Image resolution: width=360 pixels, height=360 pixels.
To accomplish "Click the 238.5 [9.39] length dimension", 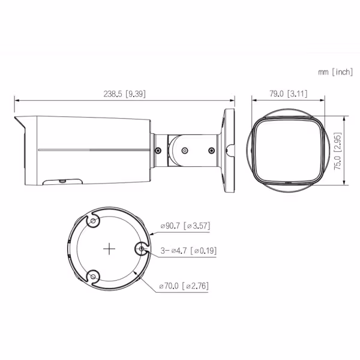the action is point(124,94).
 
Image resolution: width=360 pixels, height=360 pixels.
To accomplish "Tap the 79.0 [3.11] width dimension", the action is point(288,94).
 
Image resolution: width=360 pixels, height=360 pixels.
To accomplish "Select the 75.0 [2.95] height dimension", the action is point(337,151).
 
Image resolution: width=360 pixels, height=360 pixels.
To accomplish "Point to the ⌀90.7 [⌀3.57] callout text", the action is point(185,226).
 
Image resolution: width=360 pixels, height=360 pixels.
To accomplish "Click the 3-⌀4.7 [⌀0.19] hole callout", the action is point(188,250).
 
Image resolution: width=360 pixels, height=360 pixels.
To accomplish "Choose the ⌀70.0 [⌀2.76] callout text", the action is point(184,286).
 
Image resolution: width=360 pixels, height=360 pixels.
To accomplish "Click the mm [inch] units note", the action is point(335,72).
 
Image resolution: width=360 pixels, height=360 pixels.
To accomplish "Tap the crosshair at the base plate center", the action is point(109,249).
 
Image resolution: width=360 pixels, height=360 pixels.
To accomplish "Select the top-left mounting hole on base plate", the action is point(93,221).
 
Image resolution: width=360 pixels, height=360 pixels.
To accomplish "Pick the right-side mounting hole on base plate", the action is point(142,248).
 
